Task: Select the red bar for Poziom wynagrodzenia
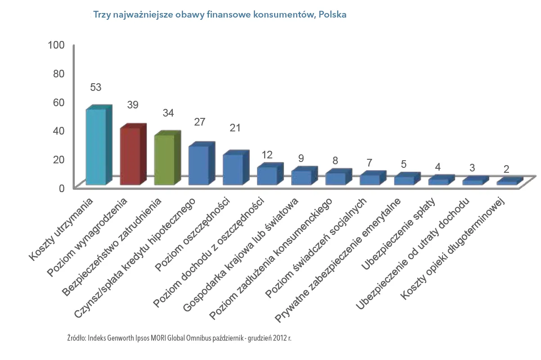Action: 131,156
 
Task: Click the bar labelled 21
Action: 233,169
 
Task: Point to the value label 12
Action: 267,155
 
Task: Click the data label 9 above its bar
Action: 301,158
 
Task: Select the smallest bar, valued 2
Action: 506,182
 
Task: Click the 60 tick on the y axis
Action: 59,102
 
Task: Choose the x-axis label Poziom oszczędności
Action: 193,234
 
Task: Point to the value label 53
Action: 95,87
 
